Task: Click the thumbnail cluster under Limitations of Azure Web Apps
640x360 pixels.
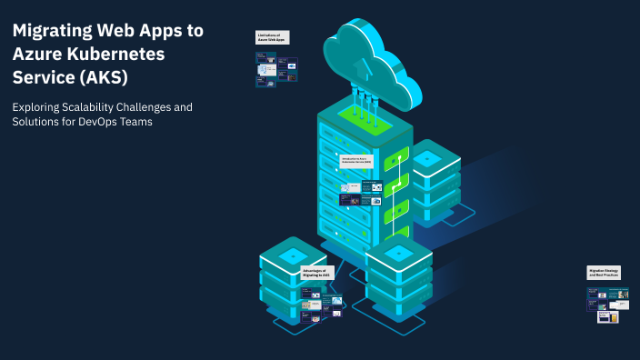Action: (276, 69)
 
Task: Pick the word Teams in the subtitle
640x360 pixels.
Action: (135, 123)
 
